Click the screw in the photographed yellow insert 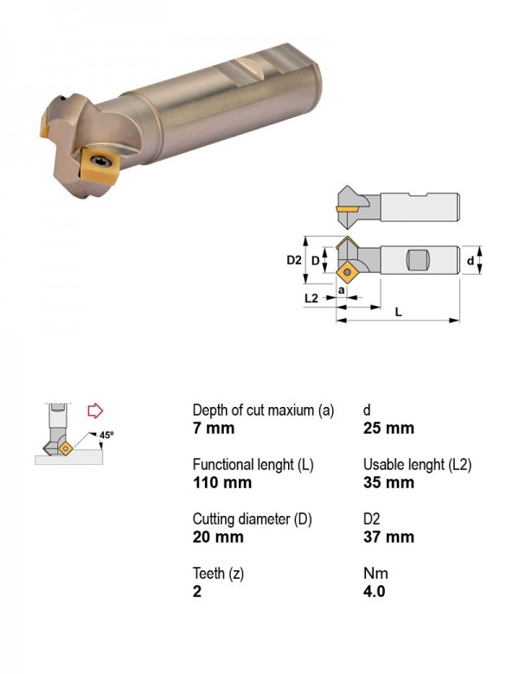click(x=105, y=162)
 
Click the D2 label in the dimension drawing click(x=294, y=260)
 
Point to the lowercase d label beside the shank click(x=471, y=260)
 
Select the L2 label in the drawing click(x=311, y=298)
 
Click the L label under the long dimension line click(x=399, y=312)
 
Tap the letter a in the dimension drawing click(x=342, y=290)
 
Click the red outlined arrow click(x=95, y=410)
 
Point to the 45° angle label click(x=106, y=435)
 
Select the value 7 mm click(x=214, y=428)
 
